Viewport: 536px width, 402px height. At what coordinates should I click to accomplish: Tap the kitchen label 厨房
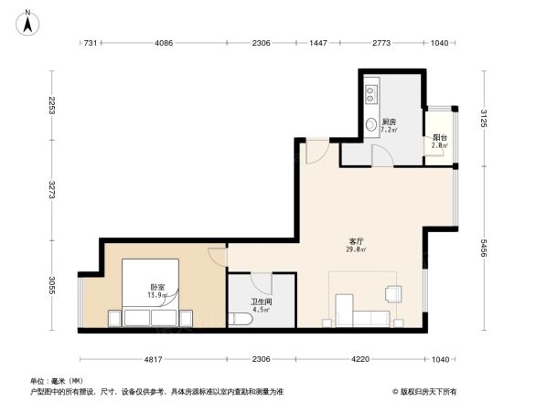[389, 122]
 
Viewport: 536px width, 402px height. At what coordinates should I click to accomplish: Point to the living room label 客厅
[356, 240]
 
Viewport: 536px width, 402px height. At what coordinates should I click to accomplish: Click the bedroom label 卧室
[158, 287]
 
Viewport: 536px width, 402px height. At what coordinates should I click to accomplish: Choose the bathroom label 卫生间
[261, 301]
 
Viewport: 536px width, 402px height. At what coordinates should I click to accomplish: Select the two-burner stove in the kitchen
[371, 92]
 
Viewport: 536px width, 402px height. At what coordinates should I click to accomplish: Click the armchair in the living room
[393, 292]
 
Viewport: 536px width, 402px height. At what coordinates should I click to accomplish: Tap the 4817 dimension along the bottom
[153, 358]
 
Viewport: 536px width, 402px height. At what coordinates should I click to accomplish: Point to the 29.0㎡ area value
[356, 249]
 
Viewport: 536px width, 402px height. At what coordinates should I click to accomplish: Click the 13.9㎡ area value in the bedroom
[158, 296]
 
